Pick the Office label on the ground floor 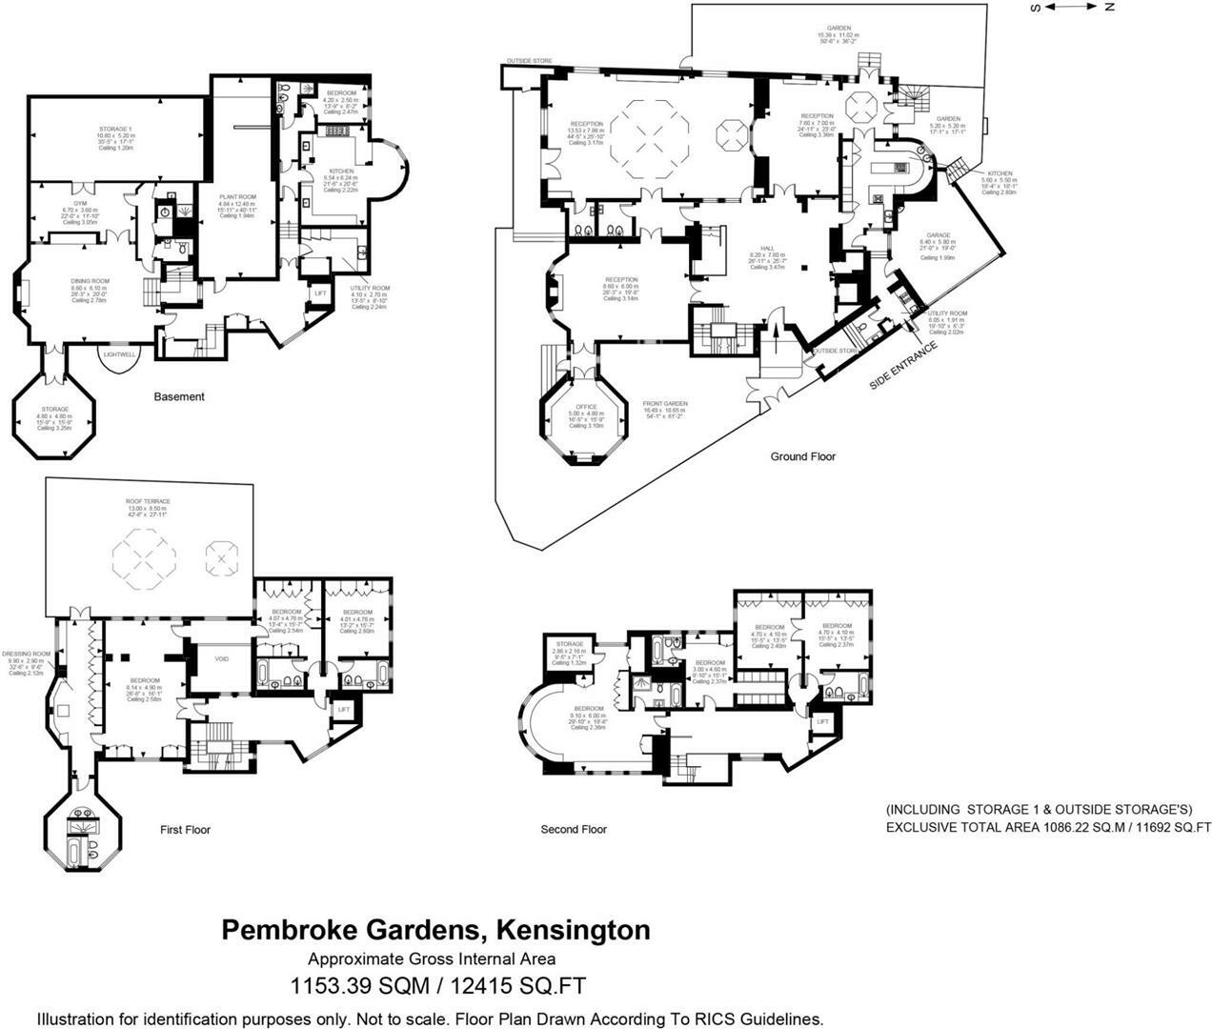tap(586, 407)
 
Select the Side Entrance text tap(903, 364)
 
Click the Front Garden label tap(665, 403)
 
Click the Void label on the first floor tap(222, 658)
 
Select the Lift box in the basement tap(319, 293)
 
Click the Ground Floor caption tap(802, 456)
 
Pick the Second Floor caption tap(573, 829)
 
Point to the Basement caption tap(179, 396)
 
